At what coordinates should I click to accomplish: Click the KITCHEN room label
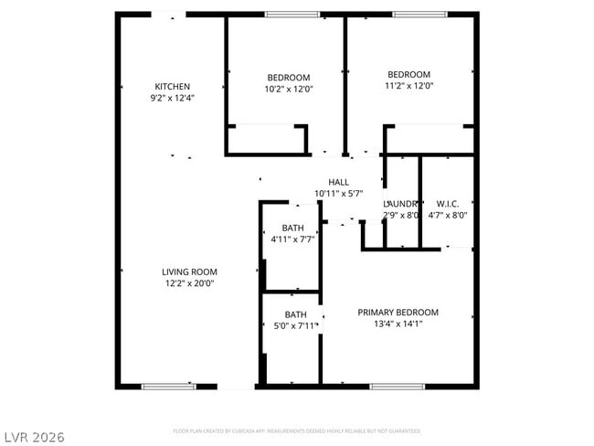click(x=172, y=87)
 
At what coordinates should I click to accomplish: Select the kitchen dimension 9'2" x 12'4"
click(x=172, y=98)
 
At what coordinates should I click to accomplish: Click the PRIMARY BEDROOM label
click(x=398, y=312)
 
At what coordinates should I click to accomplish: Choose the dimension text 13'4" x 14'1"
click(x=398, y=324)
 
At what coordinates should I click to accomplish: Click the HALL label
click(x=338, y=182)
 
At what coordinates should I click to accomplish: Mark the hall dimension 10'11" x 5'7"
click(x=338, y=194)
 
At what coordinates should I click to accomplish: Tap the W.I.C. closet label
click(x=448, y=204)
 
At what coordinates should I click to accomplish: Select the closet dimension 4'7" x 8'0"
click(x=448, y=216)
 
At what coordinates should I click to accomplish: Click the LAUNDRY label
click(x=402, y=204)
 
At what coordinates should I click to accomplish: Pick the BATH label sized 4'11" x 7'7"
click(x=292, y=228)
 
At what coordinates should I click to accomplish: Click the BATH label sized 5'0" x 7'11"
click(x=295, y=314)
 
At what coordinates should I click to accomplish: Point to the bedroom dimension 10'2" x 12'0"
click(x=288, y=90)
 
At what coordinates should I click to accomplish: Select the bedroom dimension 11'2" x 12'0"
click(x=408, y=87)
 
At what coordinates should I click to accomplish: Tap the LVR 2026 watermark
click(x=33, y=437)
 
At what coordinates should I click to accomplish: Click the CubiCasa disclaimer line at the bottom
click(x=296, y=430)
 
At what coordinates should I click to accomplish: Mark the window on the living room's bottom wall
click(x=168, y=387)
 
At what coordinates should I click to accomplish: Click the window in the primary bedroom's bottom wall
click(x=397, y=387)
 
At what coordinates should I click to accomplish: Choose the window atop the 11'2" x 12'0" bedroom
click(x=419, y=14)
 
